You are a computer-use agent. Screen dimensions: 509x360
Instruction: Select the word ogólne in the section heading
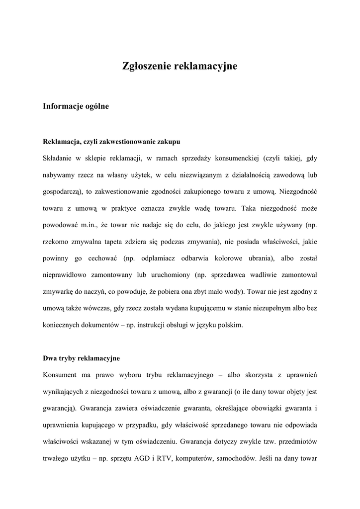(96, 106)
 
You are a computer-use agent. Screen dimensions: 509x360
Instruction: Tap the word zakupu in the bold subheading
(169, 142)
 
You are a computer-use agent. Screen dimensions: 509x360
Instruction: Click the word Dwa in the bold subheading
(50, 358)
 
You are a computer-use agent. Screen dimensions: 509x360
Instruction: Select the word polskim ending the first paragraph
(230, 325)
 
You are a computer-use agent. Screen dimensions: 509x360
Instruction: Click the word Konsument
(62, 374)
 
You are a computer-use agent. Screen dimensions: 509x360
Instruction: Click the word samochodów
(235, 458)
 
